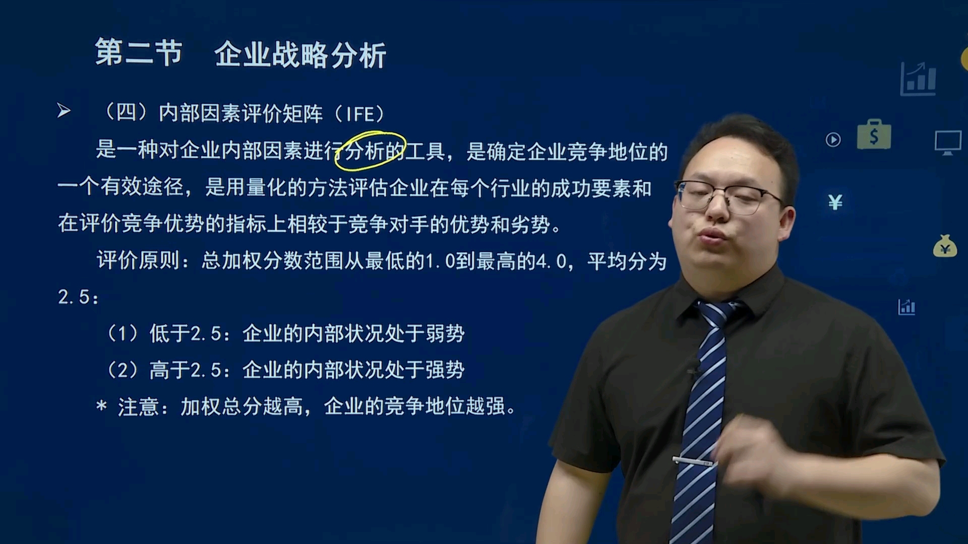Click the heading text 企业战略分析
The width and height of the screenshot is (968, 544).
pos(300,54)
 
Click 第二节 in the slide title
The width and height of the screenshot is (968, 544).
pos(138,53)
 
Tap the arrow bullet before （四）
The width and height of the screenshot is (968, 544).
pos(64,111)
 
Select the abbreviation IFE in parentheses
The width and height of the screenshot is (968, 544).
pos(359,114)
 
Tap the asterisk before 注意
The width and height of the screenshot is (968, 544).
pos(101,406)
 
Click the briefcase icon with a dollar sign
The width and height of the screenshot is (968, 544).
pos(874,134)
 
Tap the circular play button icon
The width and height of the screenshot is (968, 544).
pos(833,140)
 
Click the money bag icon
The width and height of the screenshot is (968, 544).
pos(945,246)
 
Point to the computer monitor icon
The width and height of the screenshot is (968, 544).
pos(948,143)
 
